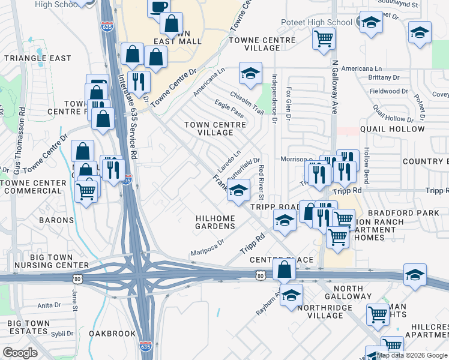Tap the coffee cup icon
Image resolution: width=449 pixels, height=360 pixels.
click(x=159, y=8)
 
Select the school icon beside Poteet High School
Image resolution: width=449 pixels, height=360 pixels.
click(x=370, y=23)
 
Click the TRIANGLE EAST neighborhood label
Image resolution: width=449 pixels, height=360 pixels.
click(x=37, y=59)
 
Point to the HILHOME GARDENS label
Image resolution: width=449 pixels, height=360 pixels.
click(x=215, y=222)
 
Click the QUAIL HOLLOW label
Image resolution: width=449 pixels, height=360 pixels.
click(x=393, y=129)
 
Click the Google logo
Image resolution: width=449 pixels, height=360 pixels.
click(x=20, y=353)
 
